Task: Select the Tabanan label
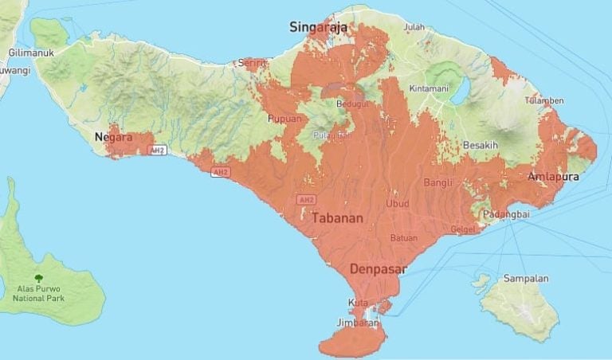[x=337, y=217]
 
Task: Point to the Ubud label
[x=397, y=204]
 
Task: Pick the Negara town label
[x=112, y=137]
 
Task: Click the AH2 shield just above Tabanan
[x=306, y=198]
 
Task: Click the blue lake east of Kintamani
[x=461, y=91]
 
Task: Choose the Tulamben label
[x=544, y=100]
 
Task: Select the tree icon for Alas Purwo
[x=38, y=260]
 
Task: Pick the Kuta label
[x=355, y=303]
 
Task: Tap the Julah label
[x=414, y=26]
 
